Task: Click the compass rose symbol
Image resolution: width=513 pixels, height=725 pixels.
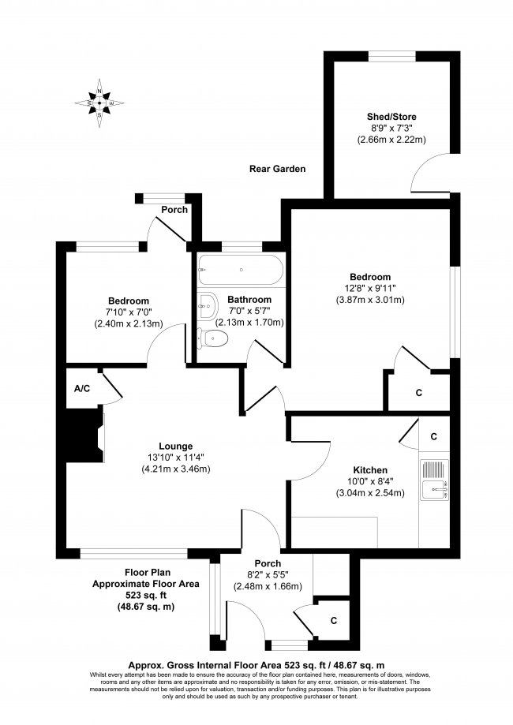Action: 99,103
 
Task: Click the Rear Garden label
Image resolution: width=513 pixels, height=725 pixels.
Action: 277,169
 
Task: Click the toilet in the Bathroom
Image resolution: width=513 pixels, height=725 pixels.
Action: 213,338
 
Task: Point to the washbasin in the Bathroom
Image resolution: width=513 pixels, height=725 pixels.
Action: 207,304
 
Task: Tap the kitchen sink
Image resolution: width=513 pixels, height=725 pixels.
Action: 434,480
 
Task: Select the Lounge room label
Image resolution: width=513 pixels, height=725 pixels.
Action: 175,446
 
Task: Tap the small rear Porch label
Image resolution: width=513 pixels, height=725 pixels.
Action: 174,210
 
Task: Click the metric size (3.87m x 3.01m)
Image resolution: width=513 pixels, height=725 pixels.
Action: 370,300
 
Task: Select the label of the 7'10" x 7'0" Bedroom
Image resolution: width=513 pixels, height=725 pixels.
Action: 129,301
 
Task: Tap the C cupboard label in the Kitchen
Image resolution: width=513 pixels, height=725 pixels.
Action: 433,435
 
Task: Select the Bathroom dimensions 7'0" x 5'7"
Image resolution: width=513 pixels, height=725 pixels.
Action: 249,311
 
